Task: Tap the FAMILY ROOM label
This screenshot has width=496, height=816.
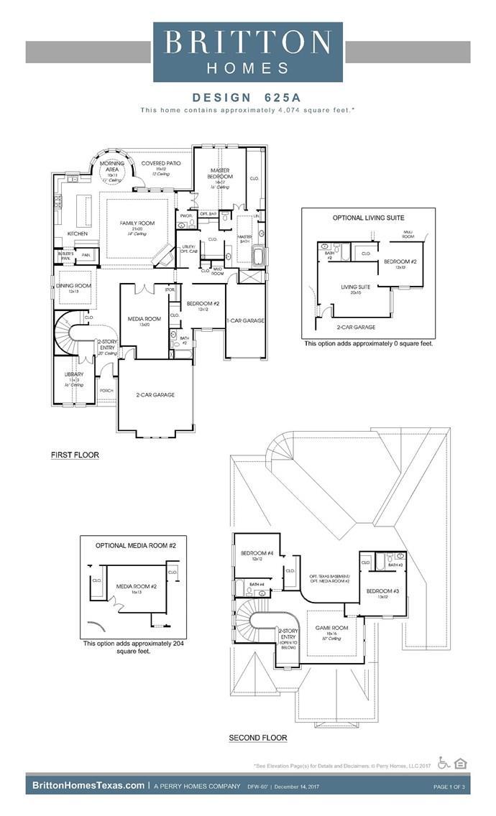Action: (137, 223)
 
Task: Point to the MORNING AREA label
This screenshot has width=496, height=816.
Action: (113, 167)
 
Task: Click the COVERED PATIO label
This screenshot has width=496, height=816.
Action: (161, 164)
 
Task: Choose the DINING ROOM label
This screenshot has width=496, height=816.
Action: (73, 286)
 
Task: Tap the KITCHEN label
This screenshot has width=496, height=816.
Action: (78, 234)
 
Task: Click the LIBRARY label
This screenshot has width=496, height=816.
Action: (74, 374)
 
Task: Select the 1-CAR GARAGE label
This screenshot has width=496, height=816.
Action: (244, 320)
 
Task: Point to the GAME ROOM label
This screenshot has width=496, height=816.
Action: (331, 627)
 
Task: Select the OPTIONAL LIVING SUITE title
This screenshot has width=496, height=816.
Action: (368, 218)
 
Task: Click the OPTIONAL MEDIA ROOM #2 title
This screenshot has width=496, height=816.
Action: (136, 546)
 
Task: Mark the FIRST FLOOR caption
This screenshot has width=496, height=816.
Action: (75, 455)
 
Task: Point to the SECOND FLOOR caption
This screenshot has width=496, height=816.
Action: (258, 738)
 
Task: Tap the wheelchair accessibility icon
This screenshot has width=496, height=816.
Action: (444, 764)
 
